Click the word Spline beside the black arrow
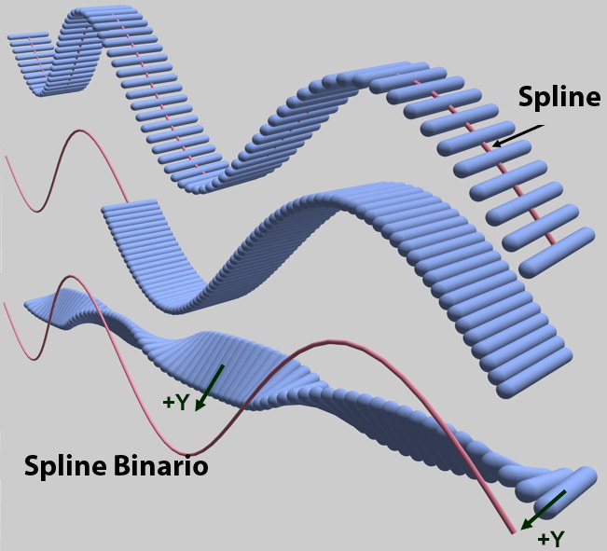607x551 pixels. point(559,97)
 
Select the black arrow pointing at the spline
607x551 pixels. point(517,136)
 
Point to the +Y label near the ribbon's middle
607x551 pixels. point(175,403)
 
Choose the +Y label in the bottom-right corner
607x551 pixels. point(551,539)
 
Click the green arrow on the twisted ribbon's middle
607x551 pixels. point(209,387)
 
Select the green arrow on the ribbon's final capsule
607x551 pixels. point(543,510)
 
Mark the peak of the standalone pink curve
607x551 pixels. point(80,131)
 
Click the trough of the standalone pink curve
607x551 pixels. point(37,211)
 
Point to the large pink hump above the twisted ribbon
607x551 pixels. point(329,341)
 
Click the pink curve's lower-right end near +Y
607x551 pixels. point(514,532)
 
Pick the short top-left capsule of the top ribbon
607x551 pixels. point(28,36)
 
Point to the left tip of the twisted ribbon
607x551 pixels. point(26,304)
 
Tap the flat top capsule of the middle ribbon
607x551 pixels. point(130,204)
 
